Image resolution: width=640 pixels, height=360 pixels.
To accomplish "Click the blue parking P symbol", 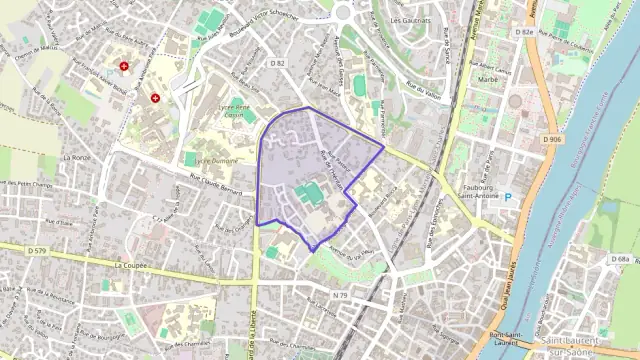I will point(507,196).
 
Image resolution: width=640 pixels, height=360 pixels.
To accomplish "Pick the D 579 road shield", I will point(38,249).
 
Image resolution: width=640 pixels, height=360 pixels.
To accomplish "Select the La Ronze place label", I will point(75,158).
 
